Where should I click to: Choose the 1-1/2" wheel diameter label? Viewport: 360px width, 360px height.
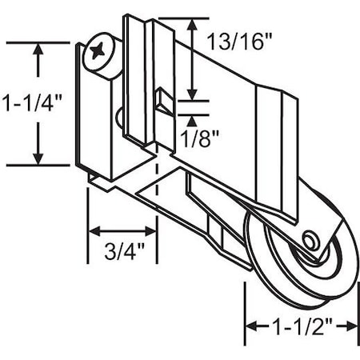click(300, 327)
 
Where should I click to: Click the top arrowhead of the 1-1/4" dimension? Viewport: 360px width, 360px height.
click(38, 50)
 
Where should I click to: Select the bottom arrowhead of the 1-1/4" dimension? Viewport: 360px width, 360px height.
click(38, 158)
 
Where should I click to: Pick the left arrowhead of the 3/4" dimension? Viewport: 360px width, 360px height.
click(93, 232)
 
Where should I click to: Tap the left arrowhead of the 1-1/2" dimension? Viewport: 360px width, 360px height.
click(250, 327)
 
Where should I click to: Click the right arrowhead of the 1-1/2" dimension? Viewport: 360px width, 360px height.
click(351, 327)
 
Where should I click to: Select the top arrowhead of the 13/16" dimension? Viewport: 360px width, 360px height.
click(192, 24)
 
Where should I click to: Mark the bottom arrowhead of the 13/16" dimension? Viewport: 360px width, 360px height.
click(192, 94)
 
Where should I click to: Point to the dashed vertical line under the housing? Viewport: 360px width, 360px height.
click(156, 192)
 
